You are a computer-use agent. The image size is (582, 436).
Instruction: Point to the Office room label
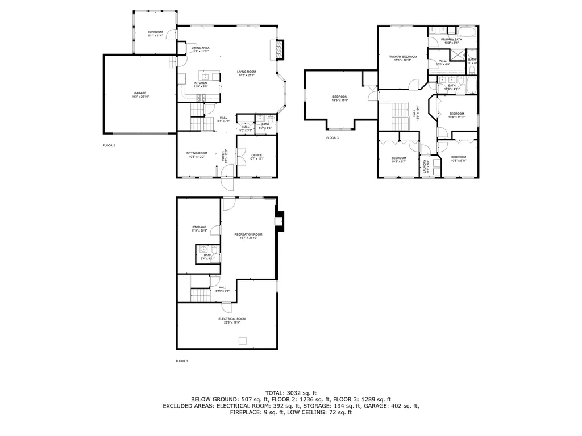257,157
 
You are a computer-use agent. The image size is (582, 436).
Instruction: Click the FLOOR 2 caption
109,146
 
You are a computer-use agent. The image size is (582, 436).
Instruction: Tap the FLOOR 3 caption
332,138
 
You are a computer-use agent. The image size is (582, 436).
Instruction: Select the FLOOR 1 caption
182,360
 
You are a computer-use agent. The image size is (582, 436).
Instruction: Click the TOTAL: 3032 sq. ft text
291,392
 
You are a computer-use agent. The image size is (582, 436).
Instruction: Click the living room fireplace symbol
278,50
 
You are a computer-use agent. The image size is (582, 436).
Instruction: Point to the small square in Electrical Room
243,340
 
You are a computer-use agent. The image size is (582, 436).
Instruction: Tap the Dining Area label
201,49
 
